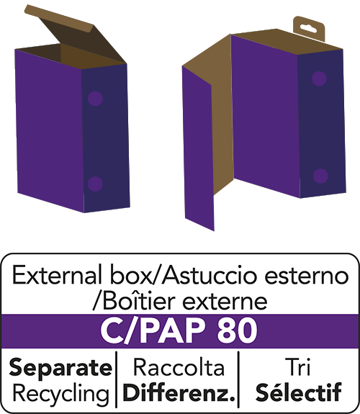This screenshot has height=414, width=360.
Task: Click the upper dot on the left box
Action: (95, 99)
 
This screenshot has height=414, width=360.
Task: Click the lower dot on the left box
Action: (95, 184)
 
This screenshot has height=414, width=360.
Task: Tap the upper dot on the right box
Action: (319, 78)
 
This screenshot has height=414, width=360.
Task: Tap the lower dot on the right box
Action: (320, 176)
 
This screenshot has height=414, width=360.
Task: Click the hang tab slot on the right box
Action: (309, 28)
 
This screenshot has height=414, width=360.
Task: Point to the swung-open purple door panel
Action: (199, 148)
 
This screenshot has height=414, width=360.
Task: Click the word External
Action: (57, 276)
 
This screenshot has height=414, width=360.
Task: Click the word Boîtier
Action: (139, 301)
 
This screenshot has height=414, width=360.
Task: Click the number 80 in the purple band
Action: (236, 331)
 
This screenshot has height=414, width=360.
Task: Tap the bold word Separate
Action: (60, 368)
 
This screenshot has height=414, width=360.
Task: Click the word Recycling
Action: (60, 393)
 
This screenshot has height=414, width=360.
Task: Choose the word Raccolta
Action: (179, 367)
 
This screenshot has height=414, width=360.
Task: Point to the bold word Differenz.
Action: (179, 392)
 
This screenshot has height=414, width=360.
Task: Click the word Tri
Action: (299, 366)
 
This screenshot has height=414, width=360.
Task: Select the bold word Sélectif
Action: (299, 392)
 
